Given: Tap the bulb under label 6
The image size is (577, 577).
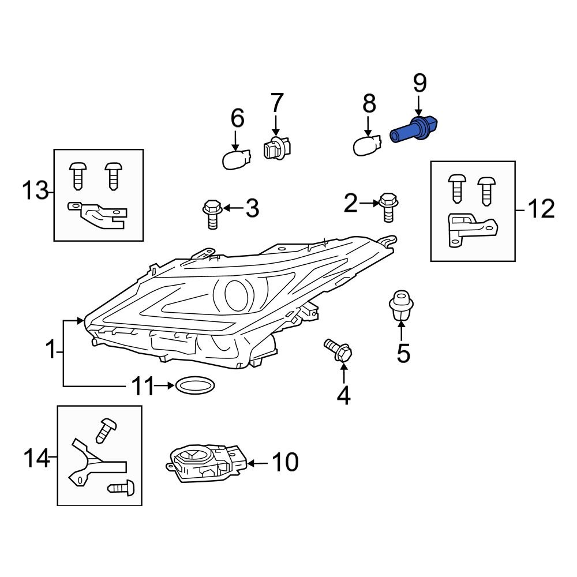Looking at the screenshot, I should point(237,158).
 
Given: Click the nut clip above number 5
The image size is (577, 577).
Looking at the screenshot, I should point(402,306).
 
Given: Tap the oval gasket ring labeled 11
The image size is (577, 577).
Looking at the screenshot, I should point(194,386).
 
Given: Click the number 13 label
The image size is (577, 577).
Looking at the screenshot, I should point(35,190).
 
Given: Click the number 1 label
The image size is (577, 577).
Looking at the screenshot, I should point(51,350).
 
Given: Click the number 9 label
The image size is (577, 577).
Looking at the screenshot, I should point(419,84).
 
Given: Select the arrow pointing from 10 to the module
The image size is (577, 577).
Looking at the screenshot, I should point(259,462).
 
